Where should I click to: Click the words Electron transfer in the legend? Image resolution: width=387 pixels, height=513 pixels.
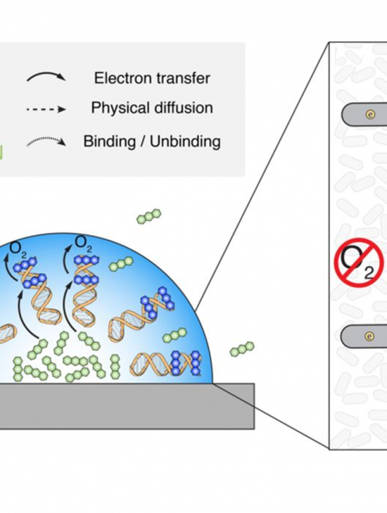pyautogui.click(x=152, y=78)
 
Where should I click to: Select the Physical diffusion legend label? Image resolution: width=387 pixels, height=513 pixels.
pyautogui.click(x=152, y=108)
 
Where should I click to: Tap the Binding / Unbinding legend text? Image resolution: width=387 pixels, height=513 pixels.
pyautogui.click(x=152, y=142)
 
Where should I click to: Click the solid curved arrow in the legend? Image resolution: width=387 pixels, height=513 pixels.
pyautogui.click(x=46, y=75)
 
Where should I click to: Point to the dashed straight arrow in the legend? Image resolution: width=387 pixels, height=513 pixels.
pyautogui.click(x=46, y=109)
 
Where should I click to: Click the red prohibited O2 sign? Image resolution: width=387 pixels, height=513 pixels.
pyautogui.click(x=359, y=262)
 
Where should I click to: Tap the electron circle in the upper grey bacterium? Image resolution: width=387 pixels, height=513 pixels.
pyautogui.click(x=370, y=114)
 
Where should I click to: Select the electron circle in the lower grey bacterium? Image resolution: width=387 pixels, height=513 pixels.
pyautogui.click(x=369, y=336)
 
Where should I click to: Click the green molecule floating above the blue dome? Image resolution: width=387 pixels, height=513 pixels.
pyautogui.click(x=149, y=216)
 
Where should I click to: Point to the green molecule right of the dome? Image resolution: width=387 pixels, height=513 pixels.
pyautogui.click(x=242, y=349)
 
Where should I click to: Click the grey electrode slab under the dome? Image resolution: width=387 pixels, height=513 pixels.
pyautogui.click(x=127, y=406)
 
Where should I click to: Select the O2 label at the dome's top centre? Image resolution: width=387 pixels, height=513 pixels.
pyautogui.click(x=83, y=244)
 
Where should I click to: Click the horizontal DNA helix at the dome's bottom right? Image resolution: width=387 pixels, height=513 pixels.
pyautogui.click(x=165, y=363)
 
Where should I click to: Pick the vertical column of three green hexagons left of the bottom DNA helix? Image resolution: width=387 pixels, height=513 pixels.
pyautogui.click(x=115, y=367)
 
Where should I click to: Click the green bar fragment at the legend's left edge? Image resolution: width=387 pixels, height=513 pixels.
pyautogui.click(x=1, y=152)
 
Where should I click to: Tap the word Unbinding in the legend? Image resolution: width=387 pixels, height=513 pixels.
pyautogui.click(x=185, y=142)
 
